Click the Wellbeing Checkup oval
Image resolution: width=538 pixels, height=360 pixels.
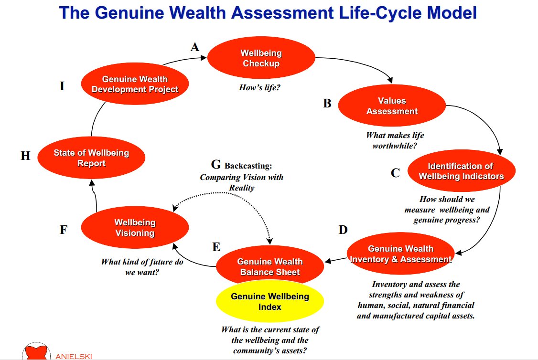261,58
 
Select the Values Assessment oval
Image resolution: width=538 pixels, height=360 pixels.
392,106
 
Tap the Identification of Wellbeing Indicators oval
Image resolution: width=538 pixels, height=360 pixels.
462,171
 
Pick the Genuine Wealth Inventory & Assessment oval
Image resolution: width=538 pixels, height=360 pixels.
400,254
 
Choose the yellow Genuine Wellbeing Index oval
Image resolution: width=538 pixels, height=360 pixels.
270,301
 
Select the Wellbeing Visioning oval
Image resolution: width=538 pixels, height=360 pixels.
135,227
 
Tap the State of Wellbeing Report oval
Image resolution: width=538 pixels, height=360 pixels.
91,158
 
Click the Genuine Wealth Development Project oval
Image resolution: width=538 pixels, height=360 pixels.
135,84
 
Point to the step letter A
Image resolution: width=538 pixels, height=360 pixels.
195,47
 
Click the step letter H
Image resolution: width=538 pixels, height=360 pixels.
25,156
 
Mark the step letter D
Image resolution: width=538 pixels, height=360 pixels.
343,230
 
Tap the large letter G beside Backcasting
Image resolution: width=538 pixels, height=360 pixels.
216,165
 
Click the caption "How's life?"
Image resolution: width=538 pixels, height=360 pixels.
260,88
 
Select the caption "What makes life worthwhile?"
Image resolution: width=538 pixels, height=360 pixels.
395,140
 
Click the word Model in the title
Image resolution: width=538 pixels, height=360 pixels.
452,13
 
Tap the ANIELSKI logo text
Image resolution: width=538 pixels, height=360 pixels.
74,357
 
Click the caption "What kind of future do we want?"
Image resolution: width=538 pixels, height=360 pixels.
142,267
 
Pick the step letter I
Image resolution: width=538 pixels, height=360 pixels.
62,86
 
